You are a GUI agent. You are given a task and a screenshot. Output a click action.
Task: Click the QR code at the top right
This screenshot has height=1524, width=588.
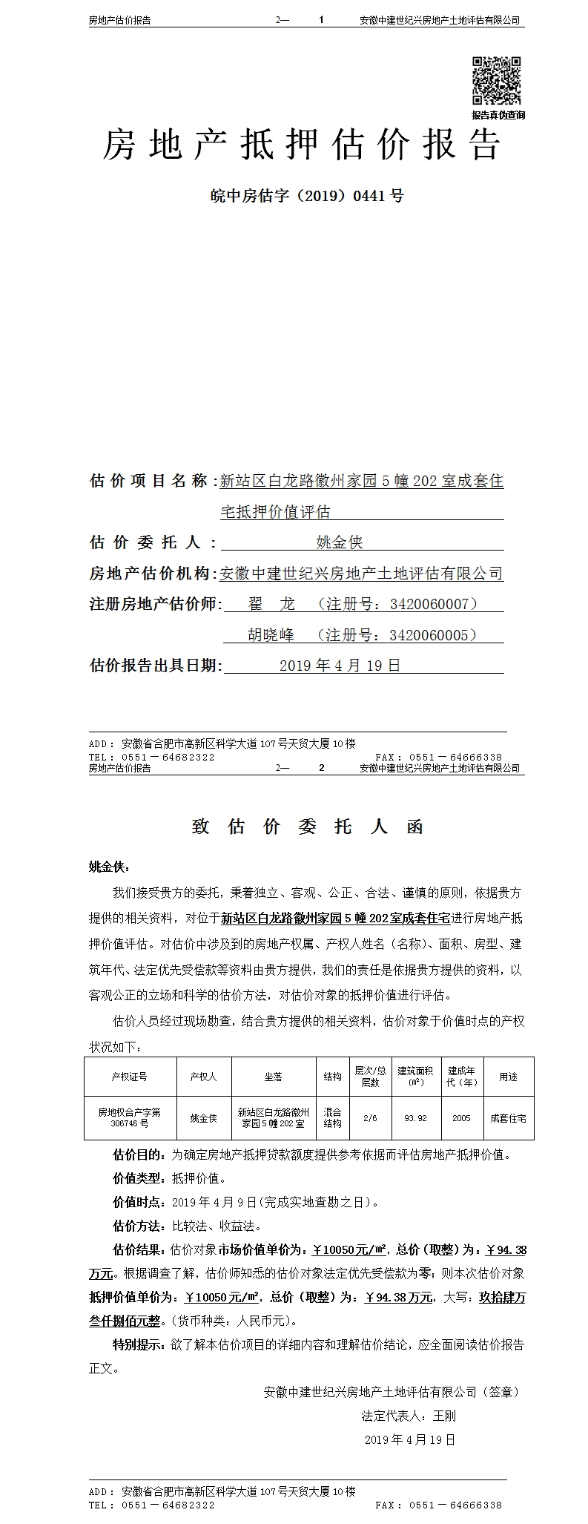pyautogui.click(x=498, y=81)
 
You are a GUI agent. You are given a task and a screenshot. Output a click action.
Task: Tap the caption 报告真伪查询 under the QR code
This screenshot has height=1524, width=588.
pyautogui.click(x=498, y=115)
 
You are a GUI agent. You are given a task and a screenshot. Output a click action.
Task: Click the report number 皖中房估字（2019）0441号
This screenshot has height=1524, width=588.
pyautogui.click(x=307, y=197)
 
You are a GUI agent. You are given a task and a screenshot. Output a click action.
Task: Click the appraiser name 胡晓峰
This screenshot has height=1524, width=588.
pyautogui.click(x=271, y=635)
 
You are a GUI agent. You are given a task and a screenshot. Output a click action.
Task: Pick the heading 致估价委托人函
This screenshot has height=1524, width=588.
pyautogui.click(x=307, y=827)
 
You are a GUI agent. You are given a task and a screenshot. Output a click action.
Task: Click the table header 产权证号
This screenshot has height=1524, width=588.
pyautogui.click(x=130, y=1077)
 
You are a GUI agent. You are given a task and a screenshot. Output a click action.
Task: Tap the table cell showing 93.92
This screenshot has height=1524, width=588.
pyautogui.click(x=415, y=1118)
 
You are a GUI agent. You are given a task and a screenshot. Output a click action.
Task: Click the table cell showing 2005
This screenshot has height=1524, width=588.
pyautogui.click(x=461, y=1118)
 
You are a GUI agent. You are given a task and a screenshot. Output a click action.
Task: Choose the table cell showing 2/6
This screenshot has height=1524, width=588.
pyautogui.click(x=371, y=1118)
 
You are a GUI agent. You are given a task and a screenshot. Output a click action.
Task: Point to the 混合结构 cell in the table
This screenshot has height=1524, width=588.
pyautogui.click(x=333, y=1118)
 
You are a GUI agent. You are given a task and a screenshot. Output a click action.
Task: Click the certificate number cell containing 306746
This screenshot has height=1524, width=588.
pyautogui.click(x=130, y=1118)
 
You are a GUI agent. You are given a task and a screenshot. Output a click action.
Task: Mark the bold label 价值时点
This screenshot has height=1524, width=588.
pyautogui.click(x=130, y=1202)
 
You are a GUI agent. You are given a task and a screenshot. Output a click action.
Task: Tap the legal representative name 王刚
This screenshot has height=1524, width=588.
pyautogui.click(x=444, y=1416)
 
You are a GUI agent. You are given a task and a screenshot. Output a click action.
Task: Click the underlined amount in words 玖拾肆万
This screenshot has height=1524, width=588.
pyautogui.click(x=502, y=1298)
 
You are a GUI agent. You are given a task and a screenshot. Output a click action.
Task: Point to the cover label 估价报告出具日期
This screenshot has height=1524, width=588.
pyautogui.click(x=154, y=666)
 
